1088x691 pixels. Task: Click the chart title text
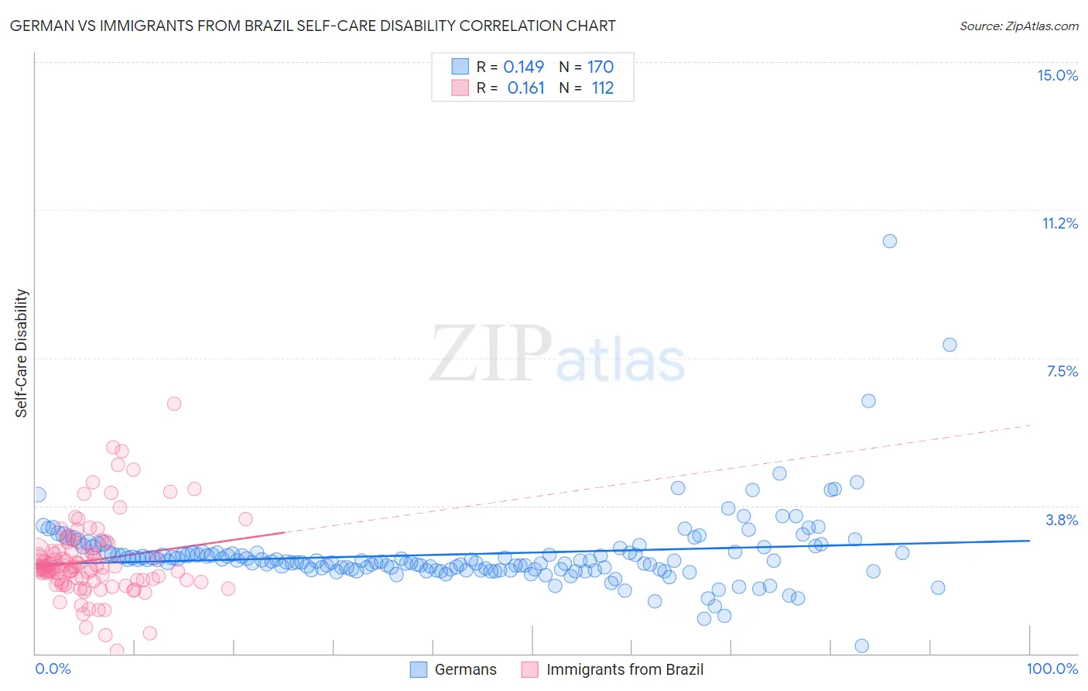pos(312,26)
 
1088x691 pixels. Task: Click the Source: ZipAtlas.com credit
pos(1018,26)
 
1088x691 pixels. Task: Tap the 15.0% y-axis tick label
pos(1057,75)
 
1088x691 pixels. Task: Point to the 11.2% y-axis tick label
pos(1059,223)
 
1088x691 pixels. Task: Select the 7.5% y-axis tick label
pos(1062,371)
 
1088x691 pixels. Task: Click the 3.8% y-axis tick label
pos(1062,520)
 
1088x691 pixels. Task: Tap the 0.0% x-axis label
pos(53,669)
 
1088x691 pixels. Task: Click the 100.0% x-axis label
pos(1052,669)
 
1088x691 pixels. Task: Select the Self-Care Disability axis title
pos(22,353)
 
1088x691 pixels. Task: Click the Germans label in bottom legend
pos(465,669)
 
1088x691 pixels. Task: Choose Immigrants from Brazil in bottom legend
pos(624,669)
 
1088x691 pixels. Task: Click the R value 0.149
pos(523,67)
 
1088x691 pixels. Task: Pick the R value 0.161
pos(525,88)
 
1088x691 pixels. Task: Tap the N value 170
pos(600,67)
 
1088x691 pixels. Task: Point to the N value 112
pos(602,88)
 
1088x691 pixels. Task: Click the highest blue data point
pos(890,241)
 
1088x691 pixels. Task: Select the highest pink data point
pos(174,404)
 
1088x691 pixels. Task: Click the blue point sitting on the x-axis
pos(861,646)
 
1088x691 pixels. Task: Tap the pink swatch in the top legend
pos(460,88)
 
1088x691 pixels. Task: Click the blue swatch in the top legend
pos(460,67)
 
